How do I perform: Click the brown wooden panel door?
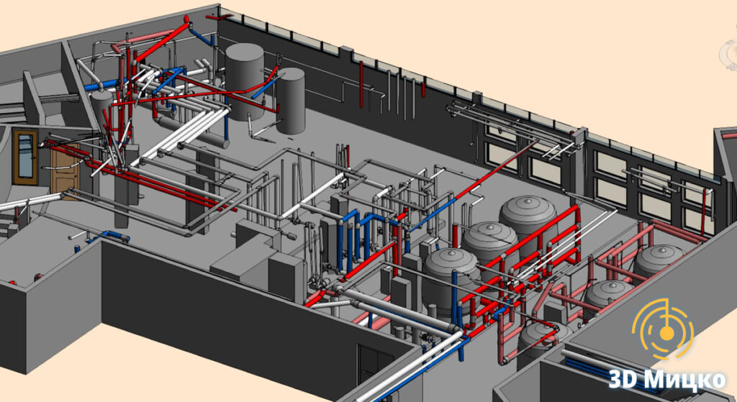(65, 169)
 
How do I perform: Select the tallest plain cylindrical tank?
(244, 81)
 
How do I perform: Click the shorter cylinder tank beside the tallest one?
(291, 100)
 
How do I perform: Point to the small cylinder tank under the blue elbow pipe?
(102, 110)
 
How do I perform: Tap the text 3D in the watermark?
(623, 378)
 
